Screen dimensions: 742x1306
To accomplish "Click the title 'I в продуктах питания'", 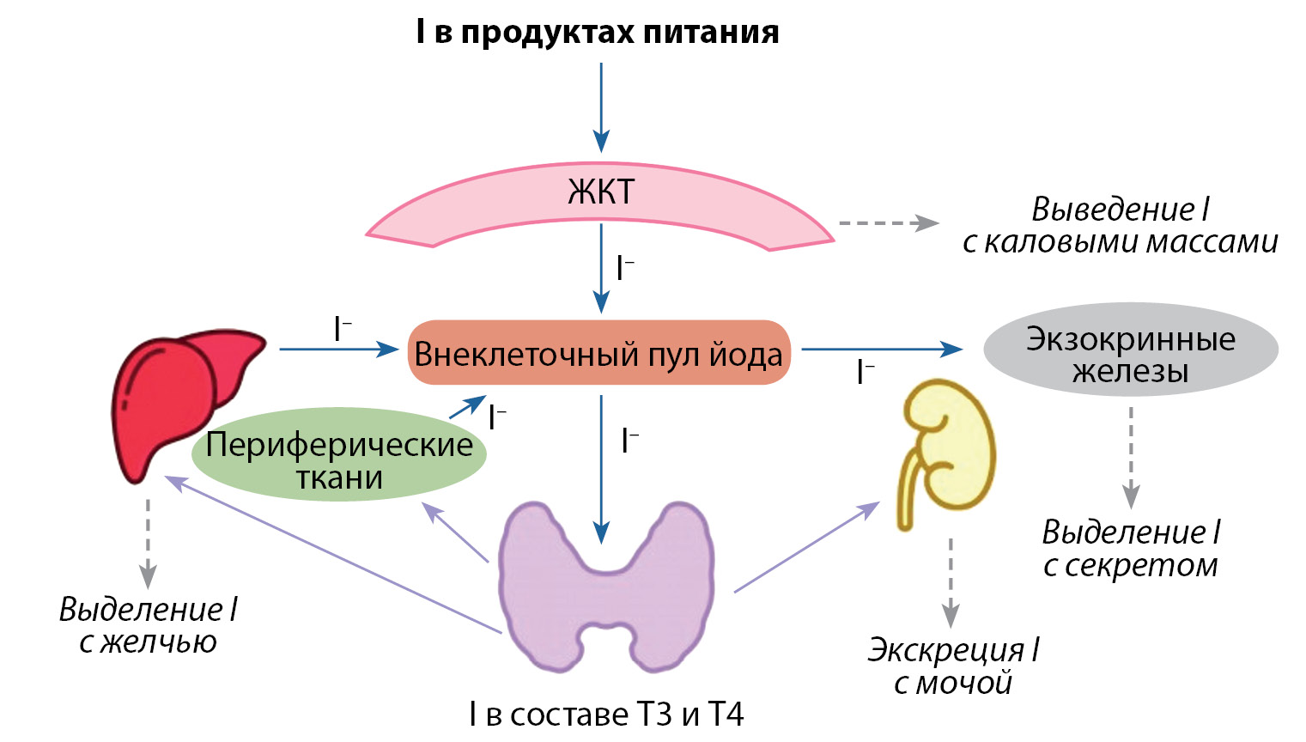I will tap(598, 33).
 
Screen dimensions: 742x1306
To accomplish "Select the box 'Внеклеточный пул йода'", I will tap(598, 353).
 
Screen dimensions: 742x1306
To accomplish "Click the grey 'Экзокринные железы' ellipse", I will tap(1130, 350).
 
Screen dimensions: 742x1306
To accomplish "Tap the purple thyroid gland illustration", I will tap(605, 584).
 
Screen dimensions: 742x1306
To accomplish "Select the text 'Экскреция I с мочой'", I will tap(953, 666).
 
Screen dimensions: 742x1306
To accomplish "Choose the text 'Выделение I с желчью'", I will tap(148, 625).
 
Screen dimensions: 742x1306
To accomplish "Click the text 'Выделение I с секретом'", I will tap(1131, 549).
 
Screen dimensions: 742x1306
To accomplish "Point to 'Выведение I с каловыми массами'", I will tap(1121, 226).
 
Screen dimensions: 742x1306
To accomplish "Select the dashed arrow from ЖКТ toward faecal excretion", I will tap(889, 223).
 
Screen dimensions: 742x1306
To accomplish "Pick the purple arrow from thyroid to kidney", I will tap(807, 547).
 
